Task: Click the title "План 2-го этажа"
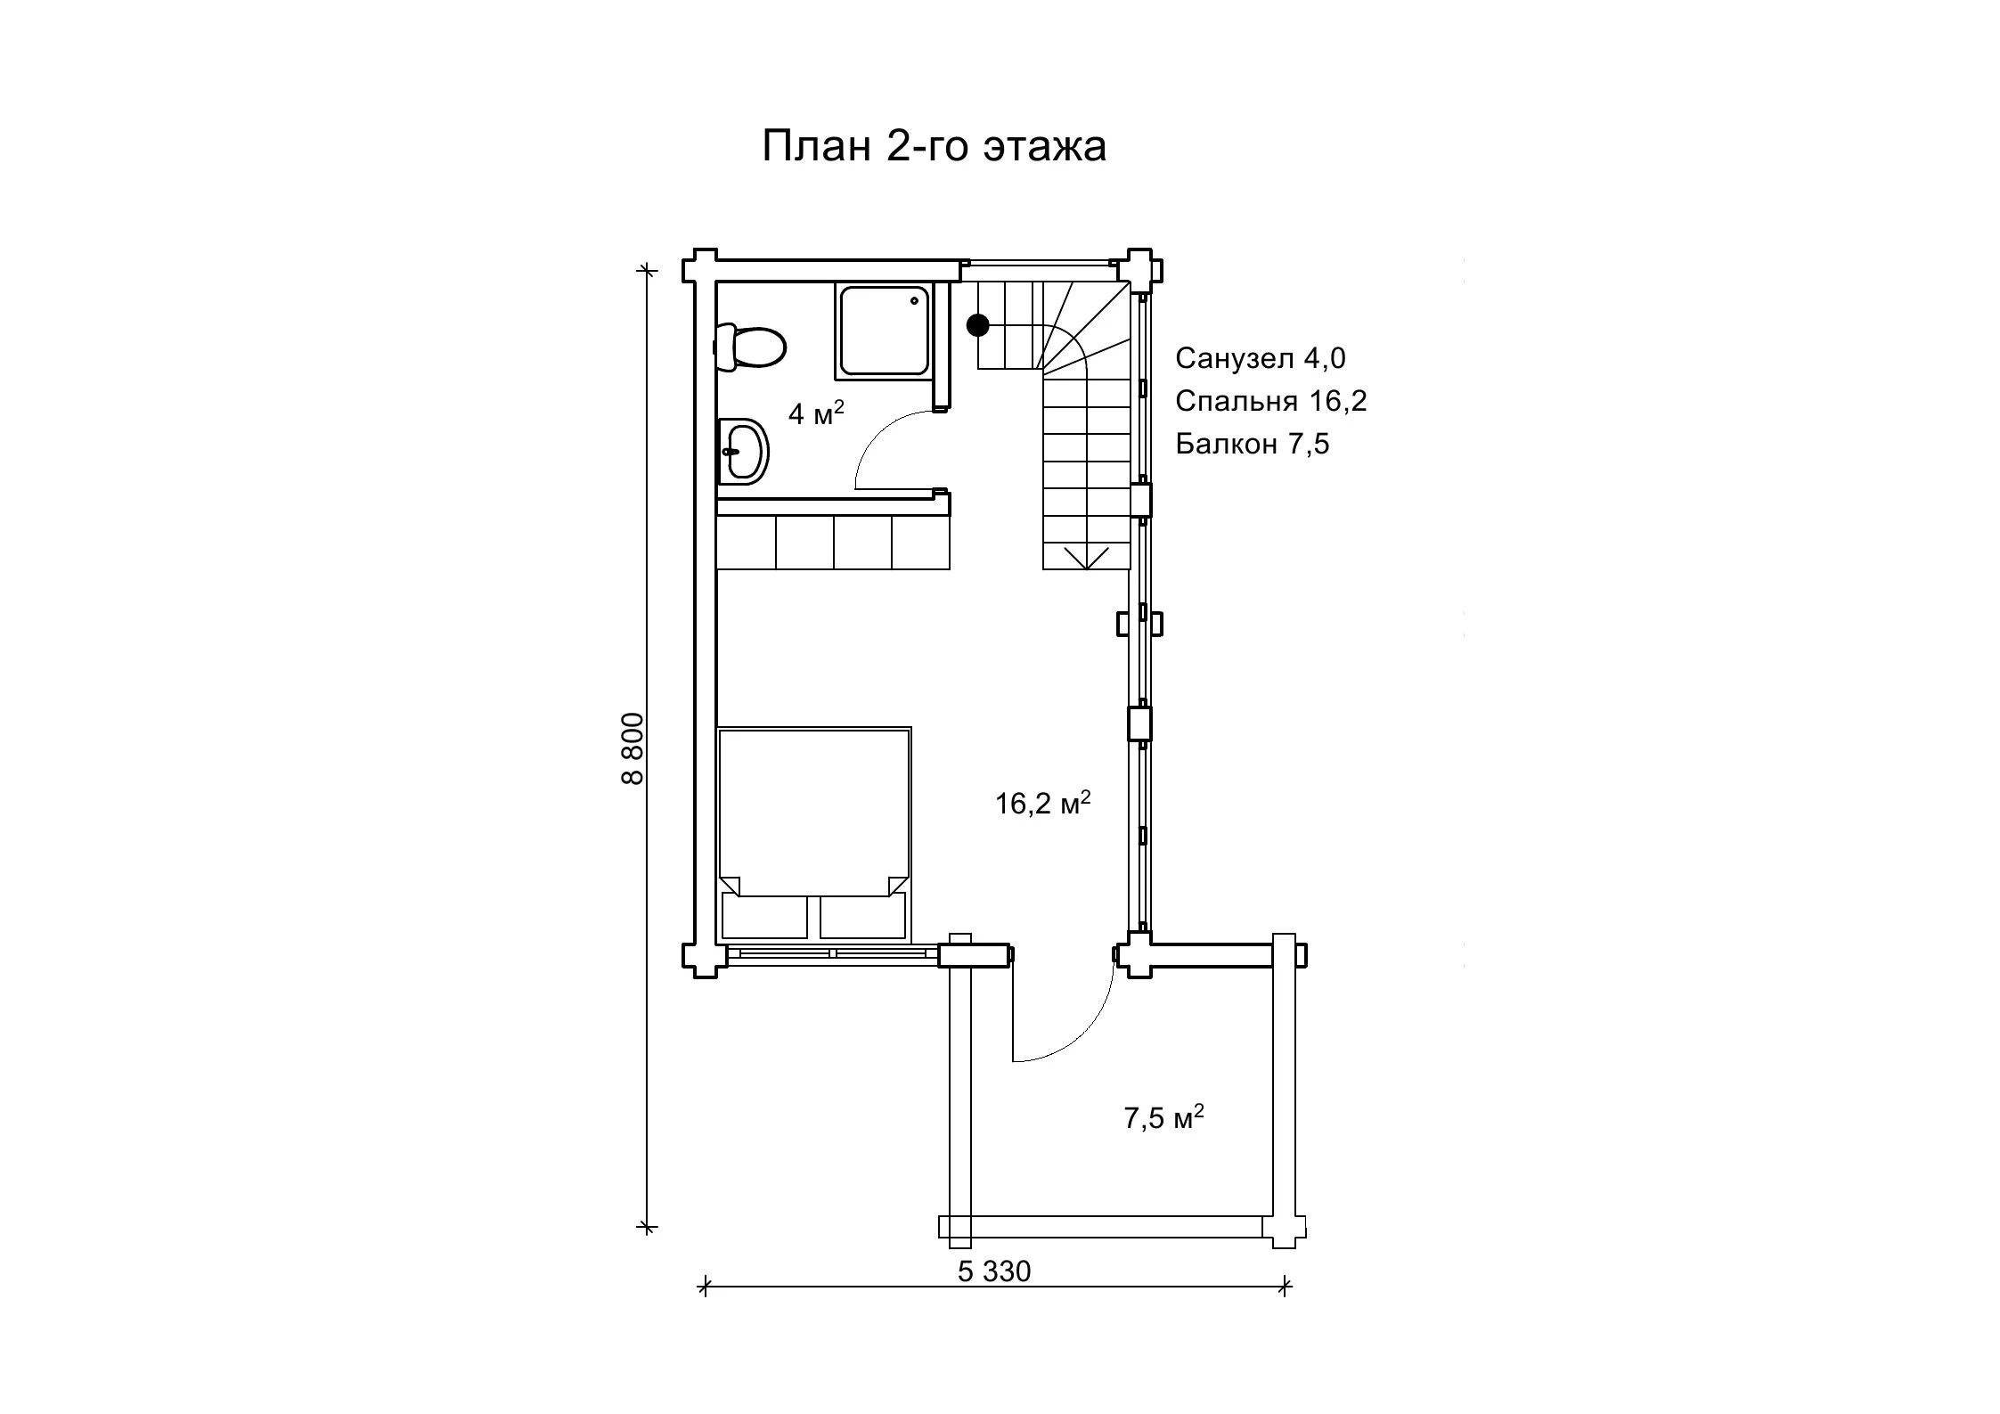click(934, 146)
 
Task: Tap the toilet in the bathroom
click(750, 347)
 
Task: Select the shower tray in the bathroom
click(884, 331)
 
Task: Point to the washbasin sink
click(743, 452)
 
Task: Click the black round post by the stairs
click(978, 325)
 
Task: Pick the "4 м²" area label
click(816, 413)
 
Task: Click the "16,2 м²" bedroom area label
click(1042, 802)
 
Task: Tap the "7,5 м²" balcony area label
click(1163, 1116)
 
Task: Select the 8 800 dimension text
click(632, 748)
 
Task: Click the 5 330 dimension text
click(994, 1271)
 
